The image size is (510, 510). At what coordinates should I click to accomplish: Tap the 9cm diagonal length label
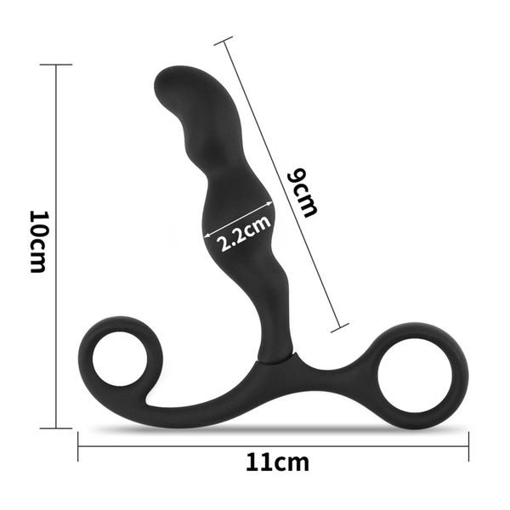(x=303, y=192)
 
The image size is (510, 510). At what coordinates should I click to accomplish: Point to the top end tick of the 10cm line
(x=55, y=65)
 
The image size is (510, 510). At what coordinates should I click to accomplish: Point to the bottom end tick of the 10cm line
(x=55, y=428)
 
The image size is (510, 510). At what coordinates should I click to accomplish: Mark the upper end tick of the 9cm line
(x=225, y=39)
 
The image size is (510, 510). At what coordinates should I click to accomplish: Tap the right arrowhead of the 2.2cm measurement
(x=273, y=204)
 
